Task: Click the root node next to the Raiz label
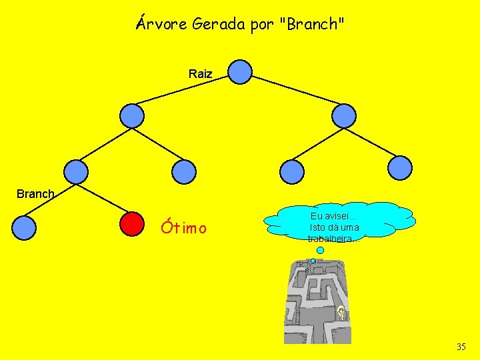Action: [240, 72]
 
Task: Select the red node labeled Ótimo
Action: [133, 225]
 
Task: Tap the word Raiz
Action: [200, 74]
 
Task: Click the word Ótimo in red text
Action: [183, 228]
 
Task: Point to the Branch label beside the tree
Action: [35, 194]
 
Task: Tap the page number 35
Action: [461, 347]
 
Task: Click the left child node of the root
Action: [132, 115]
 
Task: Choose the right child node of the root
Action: [345, 115]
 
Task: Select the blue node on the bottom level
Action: [24, 227]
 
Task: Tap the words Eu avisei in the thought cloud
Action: [333, 216]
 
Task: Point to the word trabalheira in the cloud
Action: [333, 238]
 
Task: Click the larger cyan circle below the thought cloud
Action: [321, 251]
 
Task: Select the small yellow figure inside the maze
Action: [341, 311]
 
